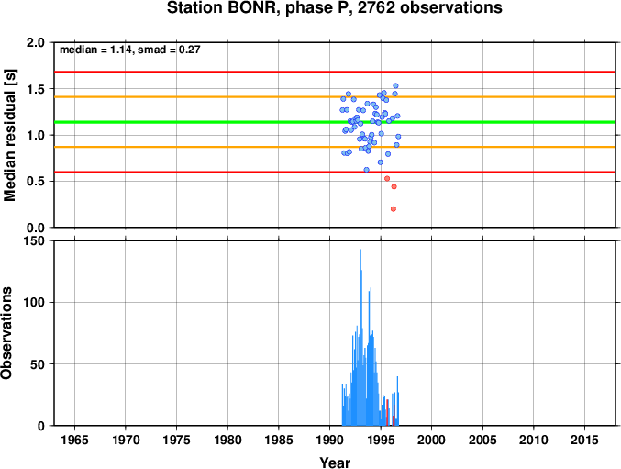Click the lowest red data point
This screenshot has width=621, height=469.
pyautogui.click(x=394, y=209)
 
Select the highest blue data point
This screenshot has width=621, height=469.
pyautogui.click(x=395, y=86)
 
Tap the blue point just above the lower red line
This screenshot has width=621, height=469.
pyautogui.click(x=366, y=170)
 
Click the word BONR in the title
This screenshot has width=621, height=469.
pyautogui.click(x=251, y=8)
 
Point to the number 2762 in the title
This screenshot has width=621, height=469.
pyautogui.click(x=376, y=8)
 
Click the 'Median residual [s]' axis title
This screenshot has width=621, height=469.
pyautogui.click(x=10, y=135)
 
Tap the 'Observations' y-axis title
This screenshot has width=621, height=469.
pyautogui.click(x=6, y=333)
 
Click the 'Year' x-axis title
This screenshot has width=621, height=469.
pyautogui.click(x=335, y=463)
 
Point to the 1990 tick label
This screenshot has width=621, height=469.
pyautogui.click(x=329, y=440)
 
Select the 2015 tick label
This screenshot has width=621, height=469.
pyautogui.click(x=584, y=440)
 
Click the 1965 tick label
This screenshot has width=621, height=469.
pyautogui.click(x=74, y=440)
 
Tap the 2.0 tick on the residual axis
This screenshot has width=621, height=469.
pyautogui.click(x=36, y=42)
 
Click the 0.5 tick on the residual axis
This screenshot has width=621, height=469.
pyautogui.click(x=36, y=182)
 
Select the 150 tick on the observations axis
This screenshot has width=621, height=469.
pyautogui.click(x=35, y=240)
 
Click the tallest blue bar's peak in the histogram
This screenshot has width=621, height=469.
pyautogui.click(x=360, y=250)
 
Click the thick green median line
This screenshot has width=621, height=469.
pyautogui.click(x=335, y=122)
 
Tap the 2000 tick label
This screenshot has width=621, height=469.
pyautogui.click(x=432, y=440)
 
